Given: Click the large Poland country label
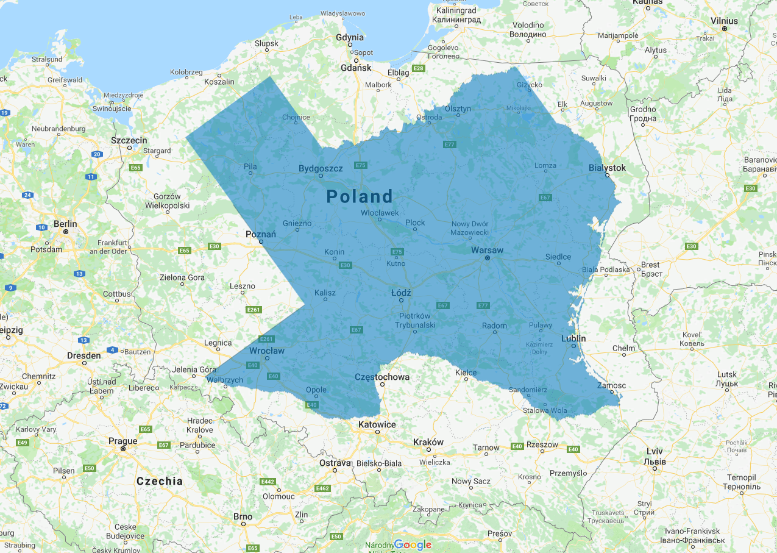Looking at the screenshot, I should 360,196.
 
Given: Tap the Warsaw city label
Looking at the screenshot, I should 487,250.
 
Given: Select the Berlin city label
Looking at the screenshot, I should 65,224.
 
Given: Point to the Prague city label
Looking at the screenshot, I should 122,441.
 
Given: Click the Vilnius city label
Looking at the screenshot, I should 724,21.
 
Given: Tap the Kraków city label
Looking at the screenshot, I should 428,442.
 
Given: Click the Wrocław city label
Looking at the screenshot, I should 267,351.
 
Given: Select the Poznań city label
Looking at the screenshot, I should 260,234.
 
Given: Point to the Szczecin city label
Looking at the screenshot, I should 129,140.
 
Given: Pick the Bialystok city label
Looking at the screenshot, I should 607,168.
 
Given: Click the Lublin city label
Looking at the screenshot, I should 573,338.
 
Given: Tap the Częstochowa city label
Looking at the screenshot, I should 382,377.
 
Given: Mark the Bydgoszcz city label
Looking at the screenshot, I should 321,168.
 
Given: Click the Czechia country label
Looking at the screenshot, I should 160,481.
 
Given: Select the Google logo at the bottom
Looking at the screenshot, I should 413,544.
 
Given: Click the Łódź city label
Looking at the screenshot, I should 401,293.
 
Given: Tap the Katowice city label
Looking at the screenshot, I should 377,424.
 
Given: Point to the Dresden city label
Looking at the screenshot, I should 84,355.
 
